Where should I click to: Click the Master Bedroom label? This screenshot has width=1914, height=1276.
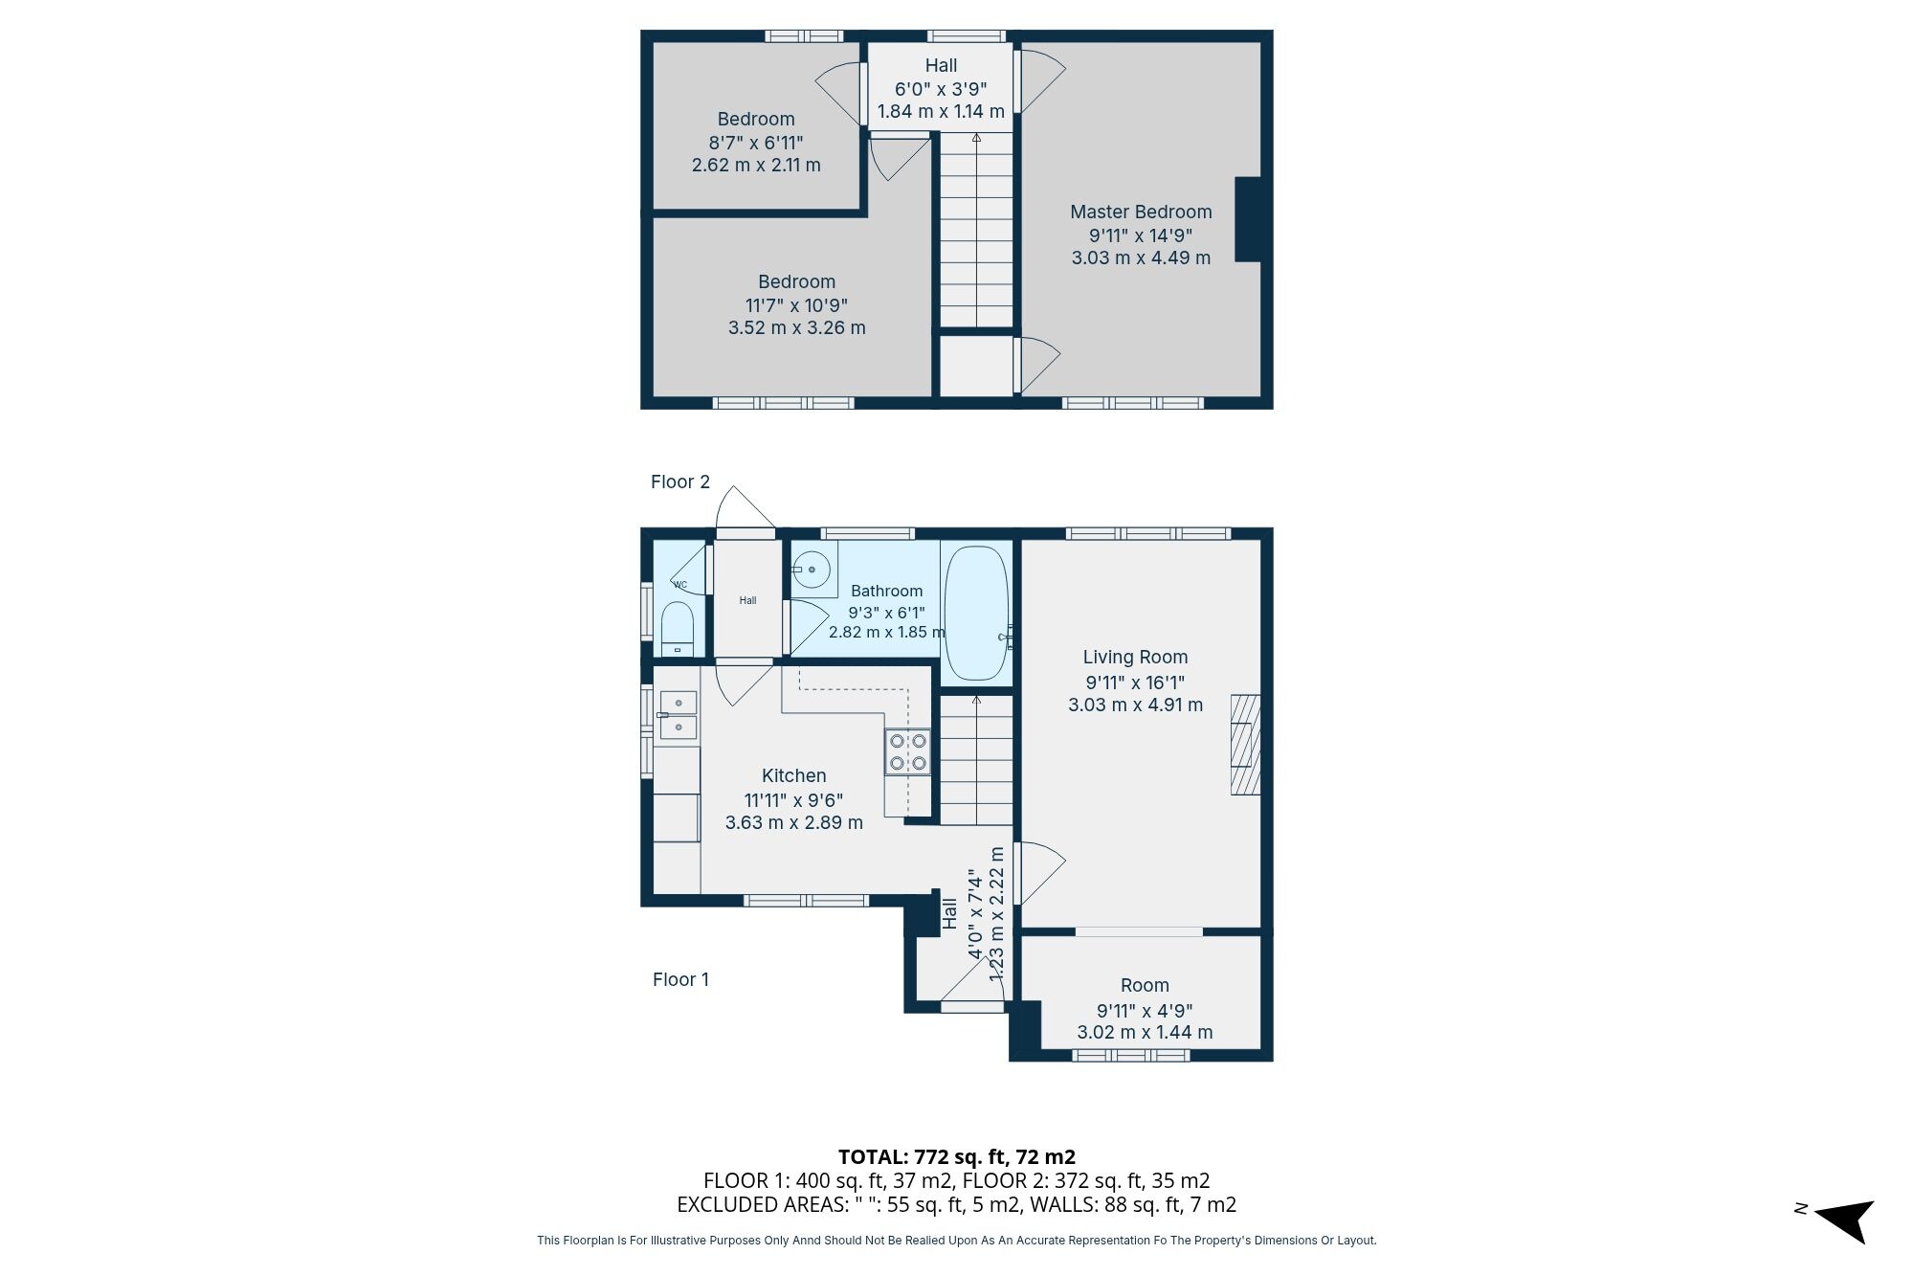[x=1141, y=213]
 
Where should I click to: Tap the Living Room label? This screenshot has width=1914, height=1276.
[x=1135, y=658]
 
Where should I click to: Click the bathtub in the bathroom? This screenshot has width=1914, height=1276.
[x=976, y=614]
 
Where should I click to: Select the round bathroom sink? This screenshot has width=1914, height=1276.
[x=812, y=570]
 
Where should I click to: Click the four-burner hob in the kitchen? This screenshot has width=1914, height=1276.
[x=907, y=751]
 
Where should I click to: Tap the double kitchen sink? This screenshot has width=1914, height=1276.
[x=678, y=715]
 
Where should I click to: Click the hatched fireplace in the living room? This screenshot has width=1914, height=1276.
[x=1244, y=745]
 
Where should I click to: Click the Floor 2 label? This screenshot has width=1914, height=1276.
[x=680, y=482]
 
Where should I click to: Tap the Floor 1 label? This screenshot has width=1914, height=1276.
[x=680, y=980]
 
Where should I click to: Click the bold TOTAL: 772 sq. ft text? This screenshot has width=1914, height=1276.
[x=956, y=1157]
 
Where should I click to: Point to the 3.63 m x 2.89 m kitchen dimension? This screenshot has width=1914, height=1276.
[x=793, y=823]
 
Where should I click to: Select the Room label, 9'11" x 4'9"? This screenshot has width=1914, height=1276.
[x=1145, y=986]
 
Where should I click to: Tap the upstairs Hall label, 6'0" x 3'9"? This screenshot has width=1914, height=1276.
[x=941, y=66]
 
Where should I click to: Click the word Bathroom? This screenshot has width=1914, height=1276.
[x=886, y=592]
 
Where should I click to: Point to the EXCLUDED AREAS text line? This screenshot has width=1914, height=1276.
[x=956, y=1205]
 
